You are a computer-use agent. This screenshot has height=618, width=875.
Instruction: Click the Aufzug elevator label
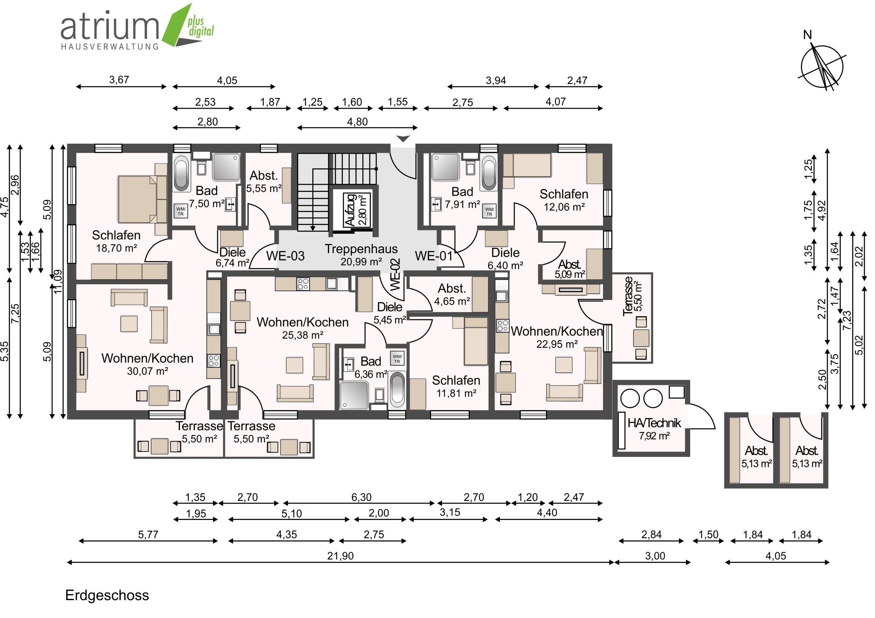coord(350,210)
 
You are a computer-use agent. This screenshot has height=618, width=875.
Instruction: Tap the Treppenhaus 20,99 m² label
coord(361,255)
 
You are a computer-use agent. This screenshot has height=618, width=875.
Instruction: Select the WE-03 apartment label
coord(285,256)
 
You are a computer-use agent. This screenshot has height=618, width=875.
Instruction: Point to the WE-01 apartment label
coord(434,256)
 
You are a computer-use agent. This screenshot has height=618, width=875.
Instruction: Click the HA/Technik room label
coord(654,429)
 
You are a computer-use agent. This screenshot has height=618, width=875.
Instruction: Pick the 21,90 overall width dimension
coord(340,556)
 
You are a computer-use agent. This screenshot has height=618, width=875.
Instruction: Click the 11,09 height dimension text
coord(57,281)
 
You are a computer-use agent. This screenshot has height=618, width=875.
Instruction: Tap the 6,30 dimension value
coord(361,497)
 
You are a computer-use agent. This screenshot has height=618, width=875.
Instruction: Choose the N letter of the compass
coord(807,35)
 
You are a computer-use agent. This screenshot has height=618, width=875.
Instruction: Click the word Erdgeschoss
coord(107,596)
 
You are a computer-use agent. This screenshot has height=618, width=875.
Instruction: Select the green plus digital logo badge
coord(189,25)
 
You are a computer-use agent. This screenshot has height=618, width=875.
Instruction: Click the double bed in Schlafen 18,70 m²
coord(137,199)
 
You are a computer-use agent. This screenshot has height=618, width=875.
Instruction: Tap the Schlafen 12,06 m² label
coord(564,200)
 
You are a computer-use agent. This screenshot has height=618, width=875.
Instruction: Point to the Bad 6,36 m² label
coord(371,368)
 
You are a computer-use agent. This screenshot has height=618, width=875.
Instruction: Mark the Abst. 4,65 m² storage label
coord(452,295)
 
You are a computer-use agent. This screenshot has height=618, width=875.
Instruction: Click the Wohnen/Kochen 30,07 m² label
coord(148,364)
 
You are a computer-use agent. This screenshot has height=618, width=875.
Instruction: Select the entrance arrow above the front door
coord(403,139)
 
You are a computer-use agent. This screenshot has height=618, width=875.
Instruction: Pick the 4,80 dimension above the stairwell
coord(357,122)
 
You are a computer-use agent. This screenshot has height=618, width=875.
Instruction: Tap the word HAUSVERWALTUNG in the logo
coord(110,46)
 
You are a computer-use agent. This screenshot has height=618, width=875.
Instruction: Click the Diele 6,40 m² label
coord(505,259)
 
